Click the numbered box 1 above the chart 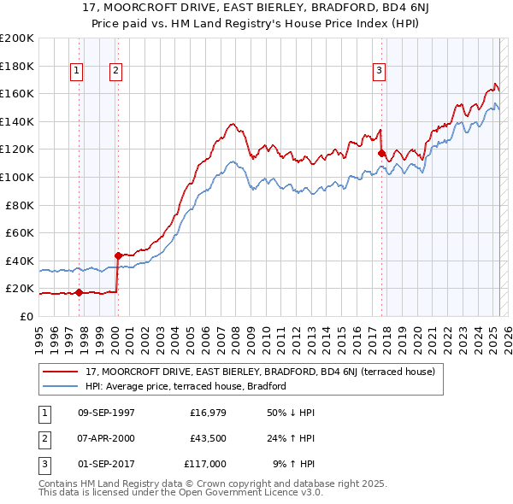pyautogui.click(x=78, y=71)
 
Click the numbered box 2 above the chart pyautogui.click(x=115, y=71)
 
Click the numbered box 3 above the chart pyautogui.click(x=380, y=71)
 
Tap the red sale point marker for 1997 pyautogui.click(x=79, y=292)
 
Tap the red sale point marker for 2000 pyautogui.click(x=117, y=255)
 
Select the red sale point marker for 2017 pyautogui.click(x=381, y=153)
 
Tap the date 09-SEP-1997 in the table pyautogui.click(x=106, y=413)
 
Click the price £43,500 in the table pyautogui.click(x=208, y=438)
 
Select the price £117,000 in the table pyautogui.click(x=205, y=464)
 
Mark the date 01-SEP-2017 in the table pyautogui.click(x=106, y=464)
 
